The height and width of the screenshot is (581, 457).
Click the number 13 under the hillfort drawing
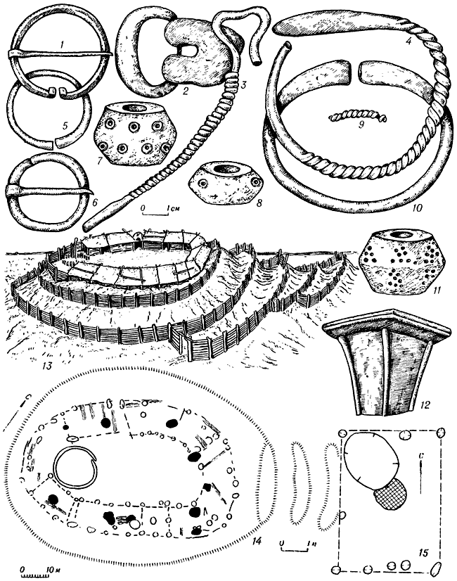click(47, 366)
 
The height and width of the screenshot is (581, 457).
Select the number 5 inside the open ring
click(65, 127)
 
